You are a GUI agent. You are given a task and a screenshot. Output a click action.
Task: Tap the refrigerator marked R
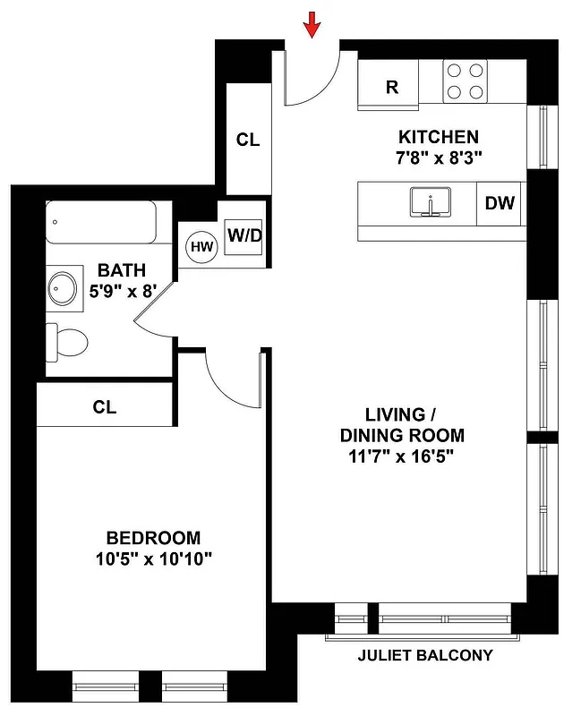click(x=390, y=86)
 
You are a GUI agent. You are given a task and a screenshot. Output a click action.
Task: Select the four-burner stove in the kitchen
click(x=466, y=81)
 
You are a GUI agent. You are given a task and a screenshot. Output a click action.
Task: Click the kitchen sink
click(x=431, y=202)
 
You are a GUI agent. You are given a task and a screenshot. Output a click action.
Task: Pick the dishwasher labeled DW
click(x=500, y=203)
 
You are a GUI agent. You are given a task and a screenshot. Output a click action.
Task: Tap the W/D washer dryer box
click(x=244, y=237)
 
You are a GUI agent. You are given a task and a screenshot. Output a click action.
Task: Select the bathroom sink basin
click(x=64, y=289)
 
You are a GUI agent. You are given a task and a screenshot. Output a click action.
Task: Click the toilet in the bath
click(x=69, y=341)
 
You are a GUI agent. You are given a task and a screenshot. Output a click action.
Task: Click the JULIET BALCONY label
click(x=425, y=655)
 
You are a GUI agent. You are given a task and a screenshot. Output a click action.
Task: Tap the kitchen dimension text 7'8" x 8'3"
click(x=439, y=158)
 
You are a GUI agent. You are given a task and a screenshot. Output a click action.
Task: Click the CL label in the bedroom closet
click(x=105, y=407)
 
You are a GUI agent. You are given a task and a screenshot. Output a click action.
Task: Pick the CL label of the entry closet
click(x=247, y=141)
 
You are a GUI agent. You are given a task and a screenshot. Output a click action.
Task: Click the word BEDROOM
click(x=153, y=538)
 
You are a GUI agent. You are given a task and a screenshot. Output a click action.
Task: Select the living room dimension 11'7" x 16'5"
click(x=402, y=456)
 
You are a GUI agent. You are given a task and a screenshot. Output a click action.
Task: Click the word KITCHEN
click(x=439, y=137)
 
